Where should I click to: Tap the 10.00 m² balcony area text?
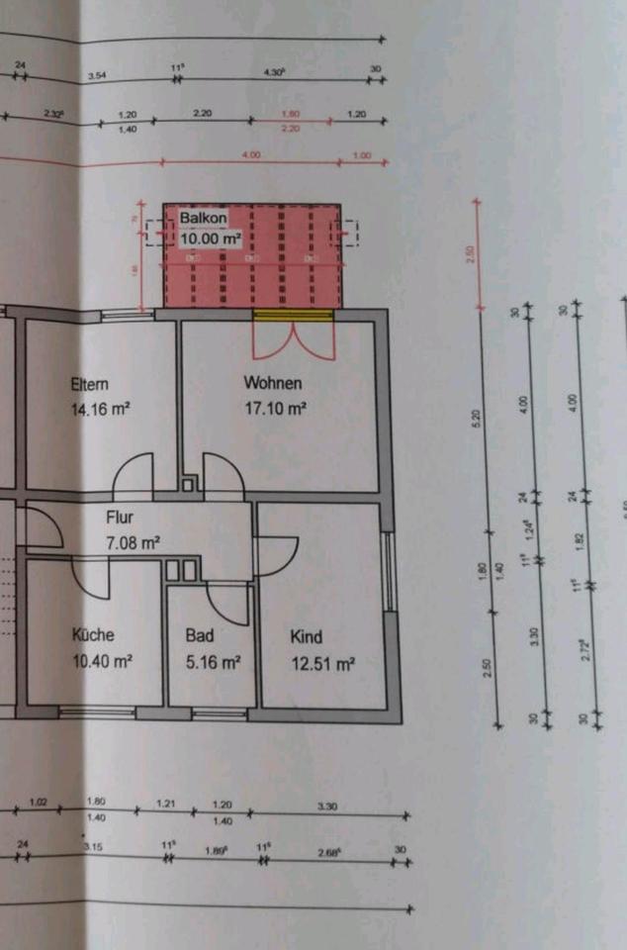point(210,238)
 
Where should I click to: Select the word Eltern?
point(89,385)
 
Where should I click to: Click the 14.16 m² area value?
point(102,406)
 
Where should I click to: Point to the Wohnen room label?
point(274,383)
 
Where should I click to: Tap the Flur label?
point(120,517)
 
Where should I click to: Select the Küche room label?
point(93,635)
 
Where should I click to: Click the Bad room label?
point(200,636)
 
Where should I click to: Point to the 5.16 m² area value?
point(213,662)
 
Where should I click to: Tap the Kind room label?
point(306,637)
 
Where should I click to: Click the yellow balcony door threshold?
point(292,316)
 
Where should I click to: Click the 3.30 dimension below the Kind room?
point(326,807)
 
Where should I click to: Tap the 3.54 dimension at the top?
point(97,75)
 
